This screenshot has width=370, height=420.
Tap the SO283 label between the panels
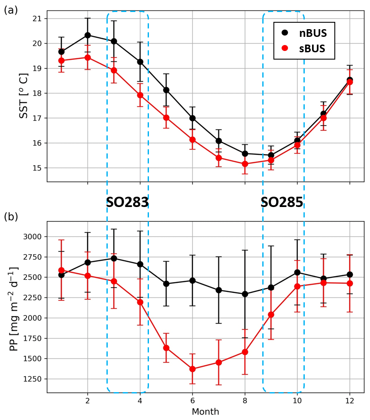pyautogui.click(x=127, y=203)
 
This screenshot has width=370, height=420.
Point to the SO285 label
pyautogui.click(x=282, y=203)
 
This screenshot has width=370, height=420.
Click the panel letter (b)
pyautogui.click(x=11, y=216)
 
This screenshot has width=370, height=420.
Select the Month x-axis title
pyautogui.click(x=205, y=411)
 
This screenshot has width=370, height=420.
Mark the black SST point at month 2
pyautogui.click(x=88, y=35)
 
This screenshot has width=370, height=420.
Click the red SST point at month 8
pyautogui.click(x=245, y=164)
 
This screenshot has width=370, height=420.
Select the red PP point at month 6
pyautogui.click(x=192, y=369)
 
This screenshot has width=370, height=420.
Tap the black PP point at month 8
pyautogui.click(x=245, y=294)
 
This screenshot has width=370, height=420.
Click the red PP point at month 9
pyautogui.click(x=271, y=315)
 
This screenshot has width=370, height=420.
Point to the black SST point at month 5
pyautogui.click(x=166, y=90)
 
